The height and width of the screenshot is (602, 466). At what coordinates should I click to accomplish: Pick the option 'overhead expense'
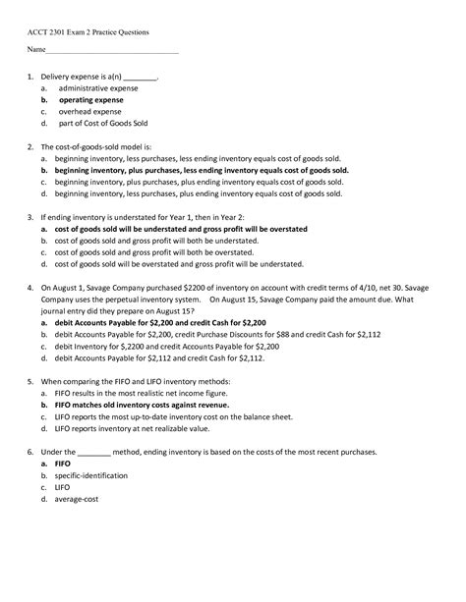(x=89, y=112)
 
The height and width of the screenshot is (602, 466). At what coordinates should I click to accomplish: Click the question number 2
(x=31, y=144)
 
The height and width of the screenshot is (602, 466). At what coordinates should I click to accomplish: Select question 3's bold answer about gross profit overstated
(x=184, y=228)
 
